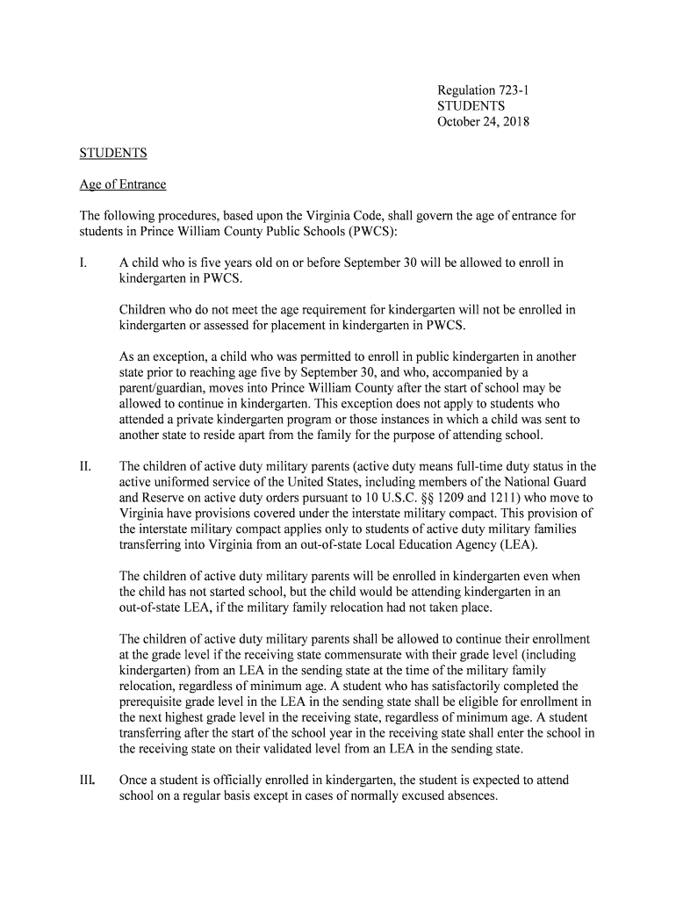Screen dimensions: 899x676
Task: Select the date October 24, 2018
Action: [483, 122]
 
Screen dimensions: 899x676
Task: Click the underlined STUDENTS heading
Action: [113, 153]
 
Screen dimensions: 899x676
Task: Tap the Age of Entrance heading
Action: [123, 184]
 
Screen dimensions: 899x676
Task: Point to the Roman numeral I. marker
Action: [84, 263]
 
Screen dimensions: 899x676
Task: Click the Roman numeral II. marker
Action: [87, 466]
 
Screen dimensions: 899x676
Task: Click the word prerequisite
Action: [155, 701]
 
